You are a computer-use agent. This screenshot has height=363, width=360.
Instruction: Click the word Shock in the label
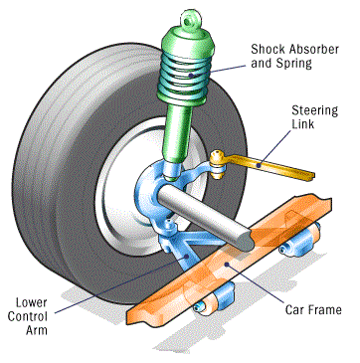coord(268,49)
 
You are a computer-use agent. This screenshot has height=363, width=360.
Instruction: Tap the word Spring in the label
coord(295,64)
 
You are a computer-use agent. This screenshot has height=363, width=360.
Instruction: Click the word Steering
coord(314,111)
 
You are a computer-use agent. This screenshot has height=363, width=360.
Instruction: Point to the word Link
coord(302,124)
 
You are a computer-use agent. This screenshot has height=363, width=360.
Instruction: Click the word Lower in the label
coord(32,303)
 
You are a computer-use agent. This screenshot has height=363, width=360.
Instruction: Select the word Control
coord(28,316)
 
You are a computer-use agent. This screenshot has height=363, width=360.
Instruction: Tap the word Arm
coord(37,330)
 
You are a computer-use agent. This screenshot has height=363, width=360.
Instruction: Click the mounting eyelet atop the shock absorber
coord(190,20)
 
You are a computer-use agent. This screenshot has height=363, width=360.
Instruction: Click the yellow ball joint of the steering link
coord(218,165)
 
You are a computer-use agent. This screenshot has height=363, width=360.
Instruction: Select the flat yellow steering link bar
coord(270,167)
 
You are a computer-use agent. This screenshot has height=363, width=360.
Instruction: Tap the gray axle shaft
coord(206,215)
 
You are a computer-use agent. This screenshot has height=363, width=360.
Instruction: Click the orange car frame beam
coord(229,261)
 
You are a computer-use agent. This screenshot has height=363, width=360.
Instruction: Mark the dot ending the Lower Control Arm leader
coord(188,256)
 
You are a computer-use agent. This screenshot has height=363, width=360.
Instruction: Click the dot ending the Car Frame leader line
coord(226,264)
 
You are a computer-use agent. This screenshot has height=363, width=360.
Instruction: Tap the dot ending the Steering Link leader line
coord(260,163)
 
